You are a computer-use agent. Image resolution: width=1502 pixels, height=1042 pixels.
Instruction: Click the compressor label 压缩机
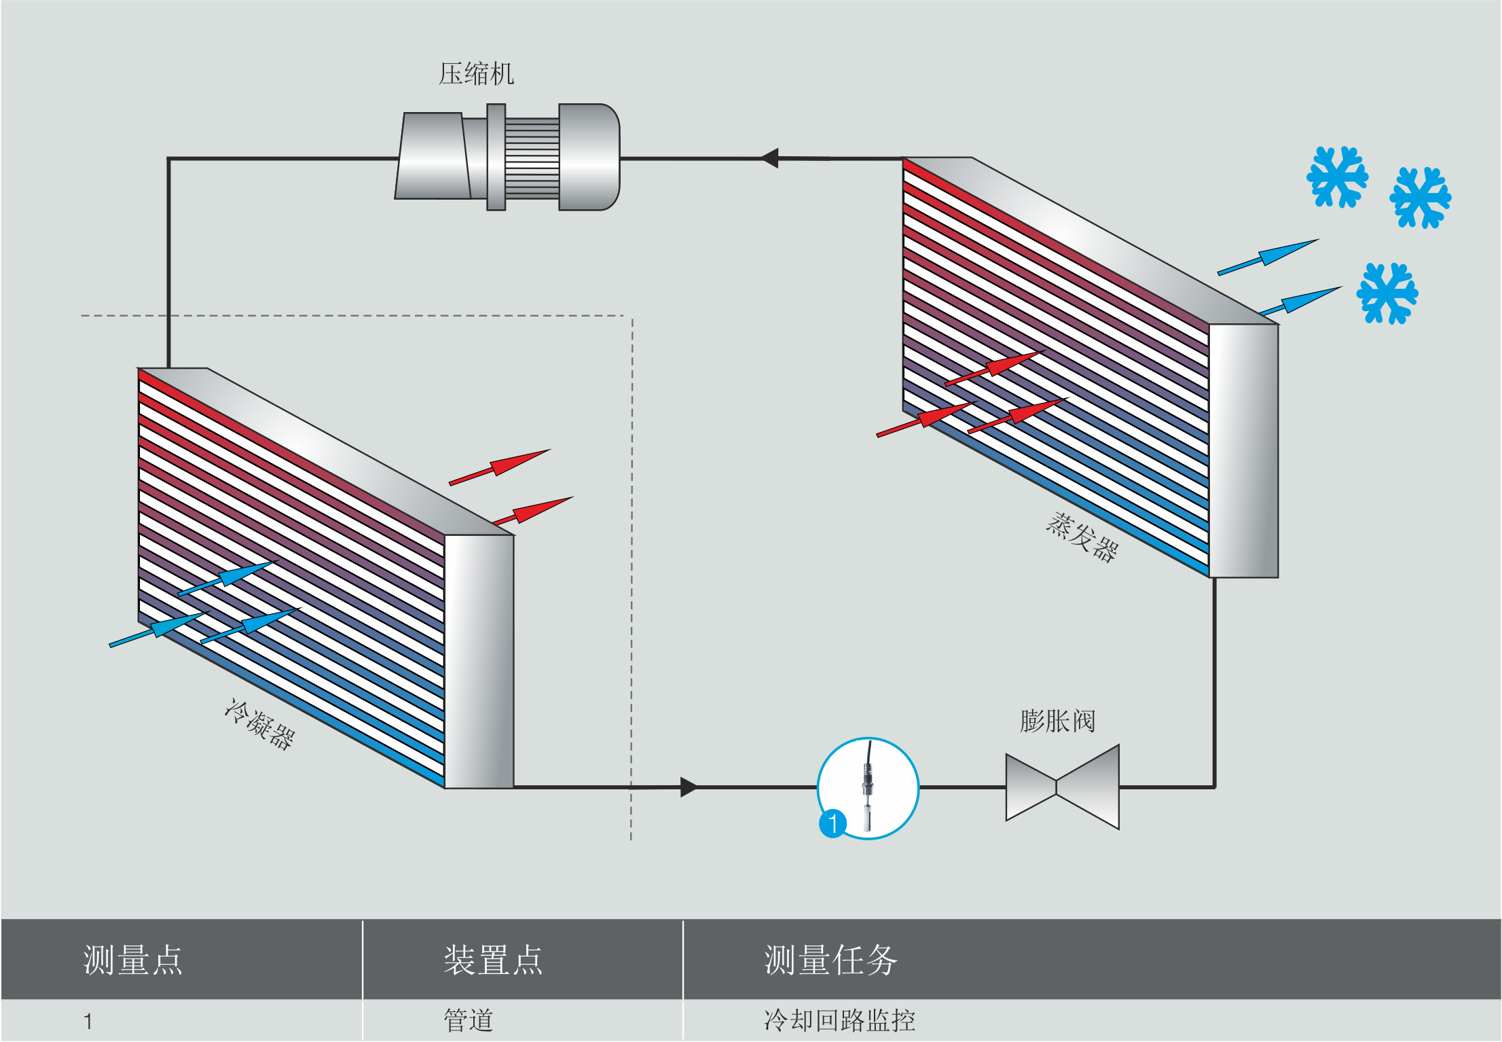coord(476,73)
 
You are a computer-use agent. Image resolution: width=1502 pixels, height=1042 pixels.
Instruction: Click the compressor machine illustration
coord(507,158)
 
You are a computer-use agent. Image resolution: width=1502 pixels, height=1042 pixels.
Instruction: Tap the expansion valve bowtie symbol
coord(1062,787)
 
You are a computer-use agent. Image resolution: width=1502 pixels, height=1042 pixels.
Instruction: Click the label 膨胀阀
coord(1057,721)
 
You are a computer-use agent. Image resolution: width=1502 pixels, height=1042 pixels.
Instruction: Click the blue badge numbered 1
coord(832,823)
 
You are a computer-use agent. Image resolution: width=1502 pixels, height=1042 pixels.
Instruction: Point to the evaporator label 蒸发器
coord(1082,537)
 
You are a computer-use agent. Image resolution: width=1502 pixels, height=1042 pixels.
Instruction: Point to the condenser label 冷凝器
coord(259,724)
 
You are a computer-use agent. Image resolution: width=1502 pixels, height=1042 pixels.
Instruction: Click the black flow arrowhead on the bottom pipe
coord(688,787)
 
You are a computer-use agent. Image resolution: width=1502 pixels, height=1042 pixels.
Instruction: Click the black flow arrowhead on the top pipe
coord(770,158)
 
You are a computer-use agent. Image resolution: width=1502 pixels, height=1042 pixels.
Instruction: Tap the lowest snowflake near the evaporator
coord(1387,293)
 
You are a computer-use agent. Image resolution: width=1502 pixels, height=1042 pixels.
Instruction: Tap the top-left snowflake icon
coord(1337,177)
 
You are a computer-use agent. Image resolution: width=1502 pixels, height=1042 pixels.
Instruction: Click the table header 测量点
coord(132,960)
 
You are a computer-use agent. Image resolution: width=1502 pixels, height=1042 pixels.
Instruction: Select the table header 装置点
coord(493,960)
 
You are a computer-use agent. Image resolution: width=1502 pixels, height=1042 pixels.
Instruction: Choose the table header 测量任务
coord(830,960)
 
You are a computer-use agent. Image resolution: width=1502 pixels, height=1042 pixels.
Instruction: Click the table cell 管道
coord(468,1020)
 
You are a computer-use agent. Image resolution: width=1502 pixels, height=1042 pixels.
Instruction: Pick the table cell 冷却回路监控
coord(839,1020)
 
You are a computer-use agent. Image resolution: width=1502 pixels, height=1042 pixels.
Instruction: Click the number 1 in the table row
coord(88,1021)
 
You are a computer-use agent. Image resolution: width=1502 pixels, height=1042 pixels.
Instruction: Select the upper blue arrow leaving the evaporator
coord(1269,256)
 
